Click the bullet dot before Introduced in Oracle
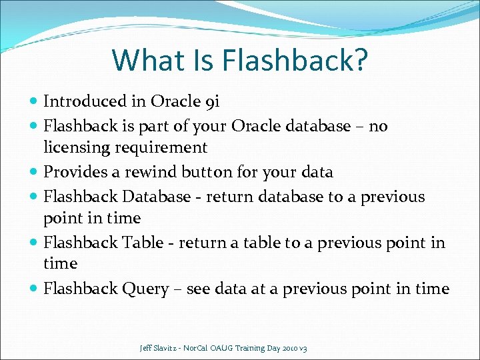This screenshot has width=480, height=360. click(x=34, y=102)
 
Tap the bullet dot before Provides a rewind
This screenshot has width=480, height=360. click(x=34, y=173)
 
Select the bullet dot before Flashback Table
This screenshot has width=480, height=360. click(x=34, y=243)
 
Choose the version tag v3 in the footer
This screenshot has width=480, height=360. click(x=304, y=348)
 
